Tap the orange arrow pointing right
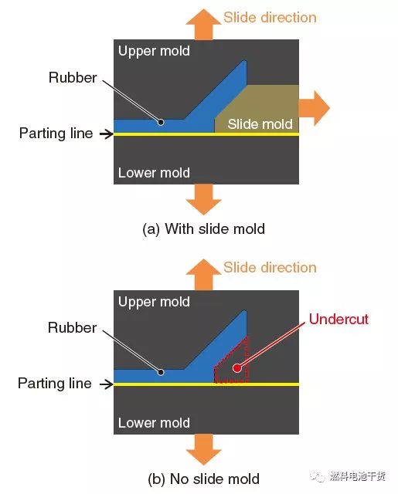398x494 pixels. point(314,108)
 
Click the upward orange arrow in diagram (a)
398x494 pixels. point(204,25)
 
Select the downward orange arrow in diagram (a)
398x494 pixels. point(204,199)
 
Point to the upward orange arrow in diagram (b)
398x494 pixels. point(204,275)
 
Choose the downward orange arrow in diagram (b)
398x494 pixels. point(204,449)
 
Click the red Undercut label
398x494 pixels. point(338,319)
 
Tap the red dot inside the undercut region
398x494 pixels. point(236,367)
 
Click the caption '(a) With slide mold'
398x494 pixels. point(204,229)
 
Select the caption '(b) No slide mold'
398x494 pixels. point(204,479)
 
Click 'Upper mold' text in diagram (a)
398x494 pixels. point(154,52)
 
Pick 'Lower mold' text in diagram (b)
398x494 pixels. point(154,423)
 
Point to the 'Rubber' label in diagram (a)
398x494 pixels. point(73,78)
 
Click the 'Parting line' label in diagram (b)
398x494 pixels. point(55,384)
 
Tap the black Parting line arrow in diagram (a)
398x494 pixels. point(107,134)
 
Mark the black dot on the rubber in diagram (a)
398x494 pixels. point(161,122)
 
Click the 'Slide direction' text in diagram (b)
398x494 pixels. point(270,268)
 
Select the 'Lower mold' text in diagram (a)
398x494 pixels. point(154,173)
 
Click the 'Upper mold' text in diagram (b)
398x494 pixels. point(154,302)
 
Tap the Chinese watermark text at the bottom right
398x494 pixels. point(358,476)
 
